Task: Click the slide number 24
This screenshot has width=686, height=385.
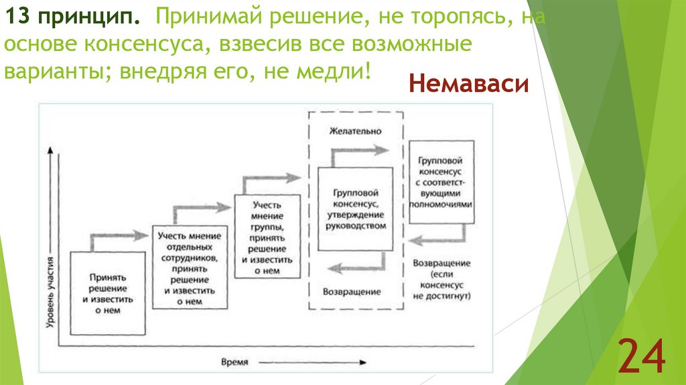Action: tap(641, 356)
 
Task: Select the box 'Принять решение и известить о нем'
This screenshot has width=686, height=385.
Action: tap(108, 293)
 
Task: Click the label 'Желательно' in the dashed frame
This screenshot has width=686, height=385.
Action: tap(355, 131)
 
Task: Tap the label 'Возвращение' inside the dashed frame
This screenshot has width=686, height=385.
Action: tap(352, 292)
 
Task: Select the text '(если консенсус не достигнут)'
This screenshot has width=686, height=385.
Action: tap(442, 284)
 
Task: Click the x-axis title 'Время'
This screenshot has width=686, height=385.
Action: tap(234, 362)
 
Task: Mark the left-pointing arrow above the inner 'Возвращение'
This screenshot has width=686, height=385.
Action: tap(355, 266)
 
